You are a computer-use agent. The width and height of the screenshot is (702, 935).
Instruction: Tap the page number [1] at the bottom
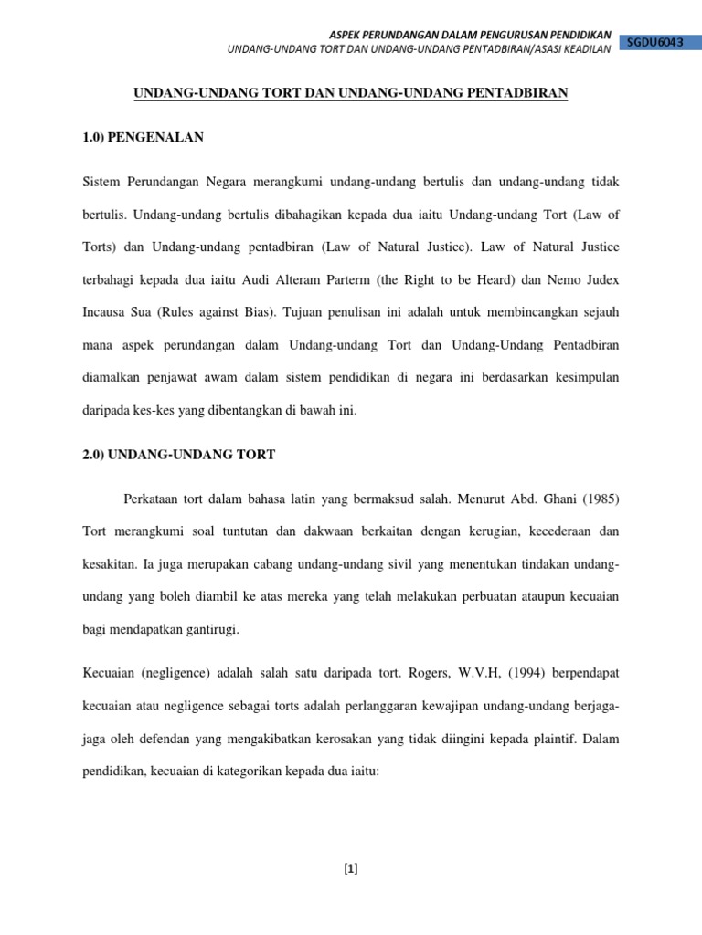point(351,869)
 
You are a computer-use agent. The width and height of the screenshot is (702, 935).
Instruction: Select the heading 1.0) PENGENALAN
point(144,138)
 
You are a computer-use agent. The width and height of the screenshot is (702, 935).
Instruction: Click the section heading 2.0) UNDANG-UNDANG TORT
point(178,454)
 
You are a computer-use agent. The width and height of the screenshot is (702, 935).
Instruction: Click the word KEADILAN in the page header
point(582,48)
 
